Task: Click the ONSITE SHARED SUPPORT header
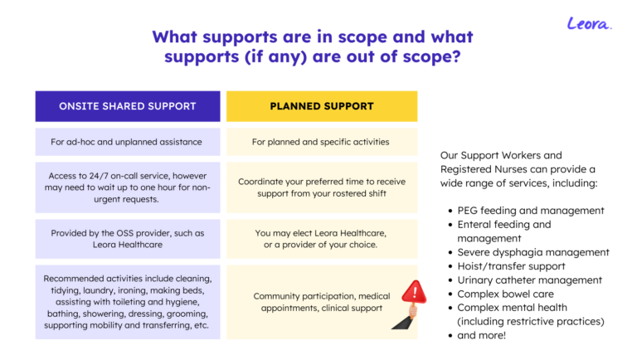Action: [128, 106]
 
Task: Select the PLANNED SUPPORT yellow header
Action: [322, 106]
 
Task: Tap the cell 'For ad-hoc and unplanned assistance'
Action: [128, 142]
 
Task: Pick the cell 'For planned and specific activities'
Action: [322, 142]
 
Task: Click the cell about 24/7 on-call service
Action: [128, 187]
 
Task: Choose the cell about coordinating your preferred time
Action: [322, 187]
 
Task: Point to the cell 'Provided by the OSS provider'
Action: [128, 239]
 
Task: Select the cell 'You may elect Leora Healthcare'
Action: [322, 239]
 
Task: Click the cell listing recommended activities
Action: [128, 302]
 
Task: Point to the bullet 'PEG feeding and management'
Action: [531, 211]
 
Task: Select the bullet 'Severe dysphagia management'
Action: [533, 252]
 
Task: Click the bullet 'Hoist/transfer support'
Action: [511, 266]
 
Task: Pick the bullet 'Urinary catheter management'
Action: [529, 280]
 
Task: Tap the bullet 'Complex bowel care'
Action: [505, 294]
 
